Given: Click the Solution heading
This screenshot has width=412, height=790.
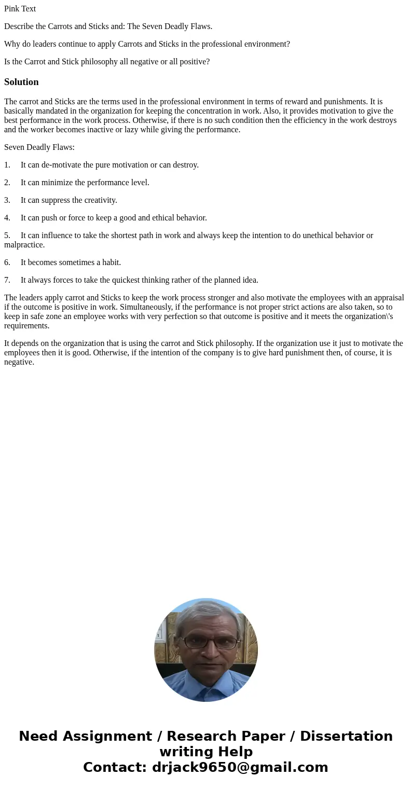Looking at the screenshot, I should (21, 82).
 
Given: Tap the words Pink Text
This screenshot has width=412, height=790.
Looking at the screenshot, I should (20, 9).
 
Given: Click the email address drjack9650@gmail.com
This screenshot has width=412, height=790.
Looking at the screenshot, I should (240, 767).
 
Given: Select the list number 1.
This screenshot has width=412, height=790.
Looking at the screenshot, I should (7, 165).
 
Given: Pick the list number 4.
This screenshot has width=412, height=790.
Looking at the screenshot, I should (7, 218).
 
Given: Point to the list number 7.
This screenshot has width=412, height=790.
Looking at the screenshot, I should (7, 280).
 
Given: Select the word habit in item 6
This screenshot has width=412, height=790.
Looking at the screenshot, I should (110, 262).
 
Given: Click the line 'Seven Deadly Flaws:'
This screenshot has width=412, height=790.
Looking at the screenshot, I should (39, 147).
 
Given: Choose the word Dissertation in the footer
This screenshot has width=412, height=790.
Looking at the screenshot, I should (346, 736).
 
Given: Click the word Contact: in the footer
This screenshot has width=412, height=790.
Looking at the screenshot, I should (115, 767).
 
